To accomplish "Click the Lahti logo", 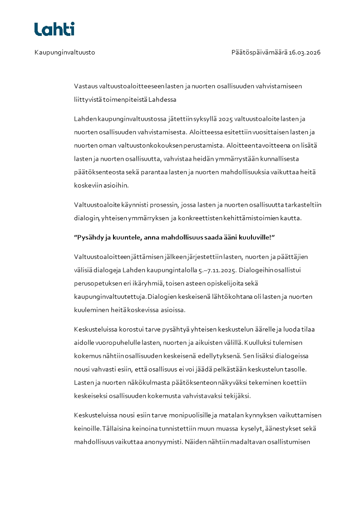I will [54, 29].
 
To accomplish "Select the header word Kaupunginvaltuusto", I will [64, 52].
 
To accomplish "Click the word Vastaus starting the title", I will [85, 86].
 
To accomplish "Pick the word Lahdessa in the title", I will [163, 99].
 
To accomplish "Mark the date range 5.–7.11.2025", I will [217, 270].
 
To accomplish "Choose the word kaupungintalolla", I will [173, 270].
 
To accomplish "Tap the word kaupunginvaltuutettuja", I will [110, 297].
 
